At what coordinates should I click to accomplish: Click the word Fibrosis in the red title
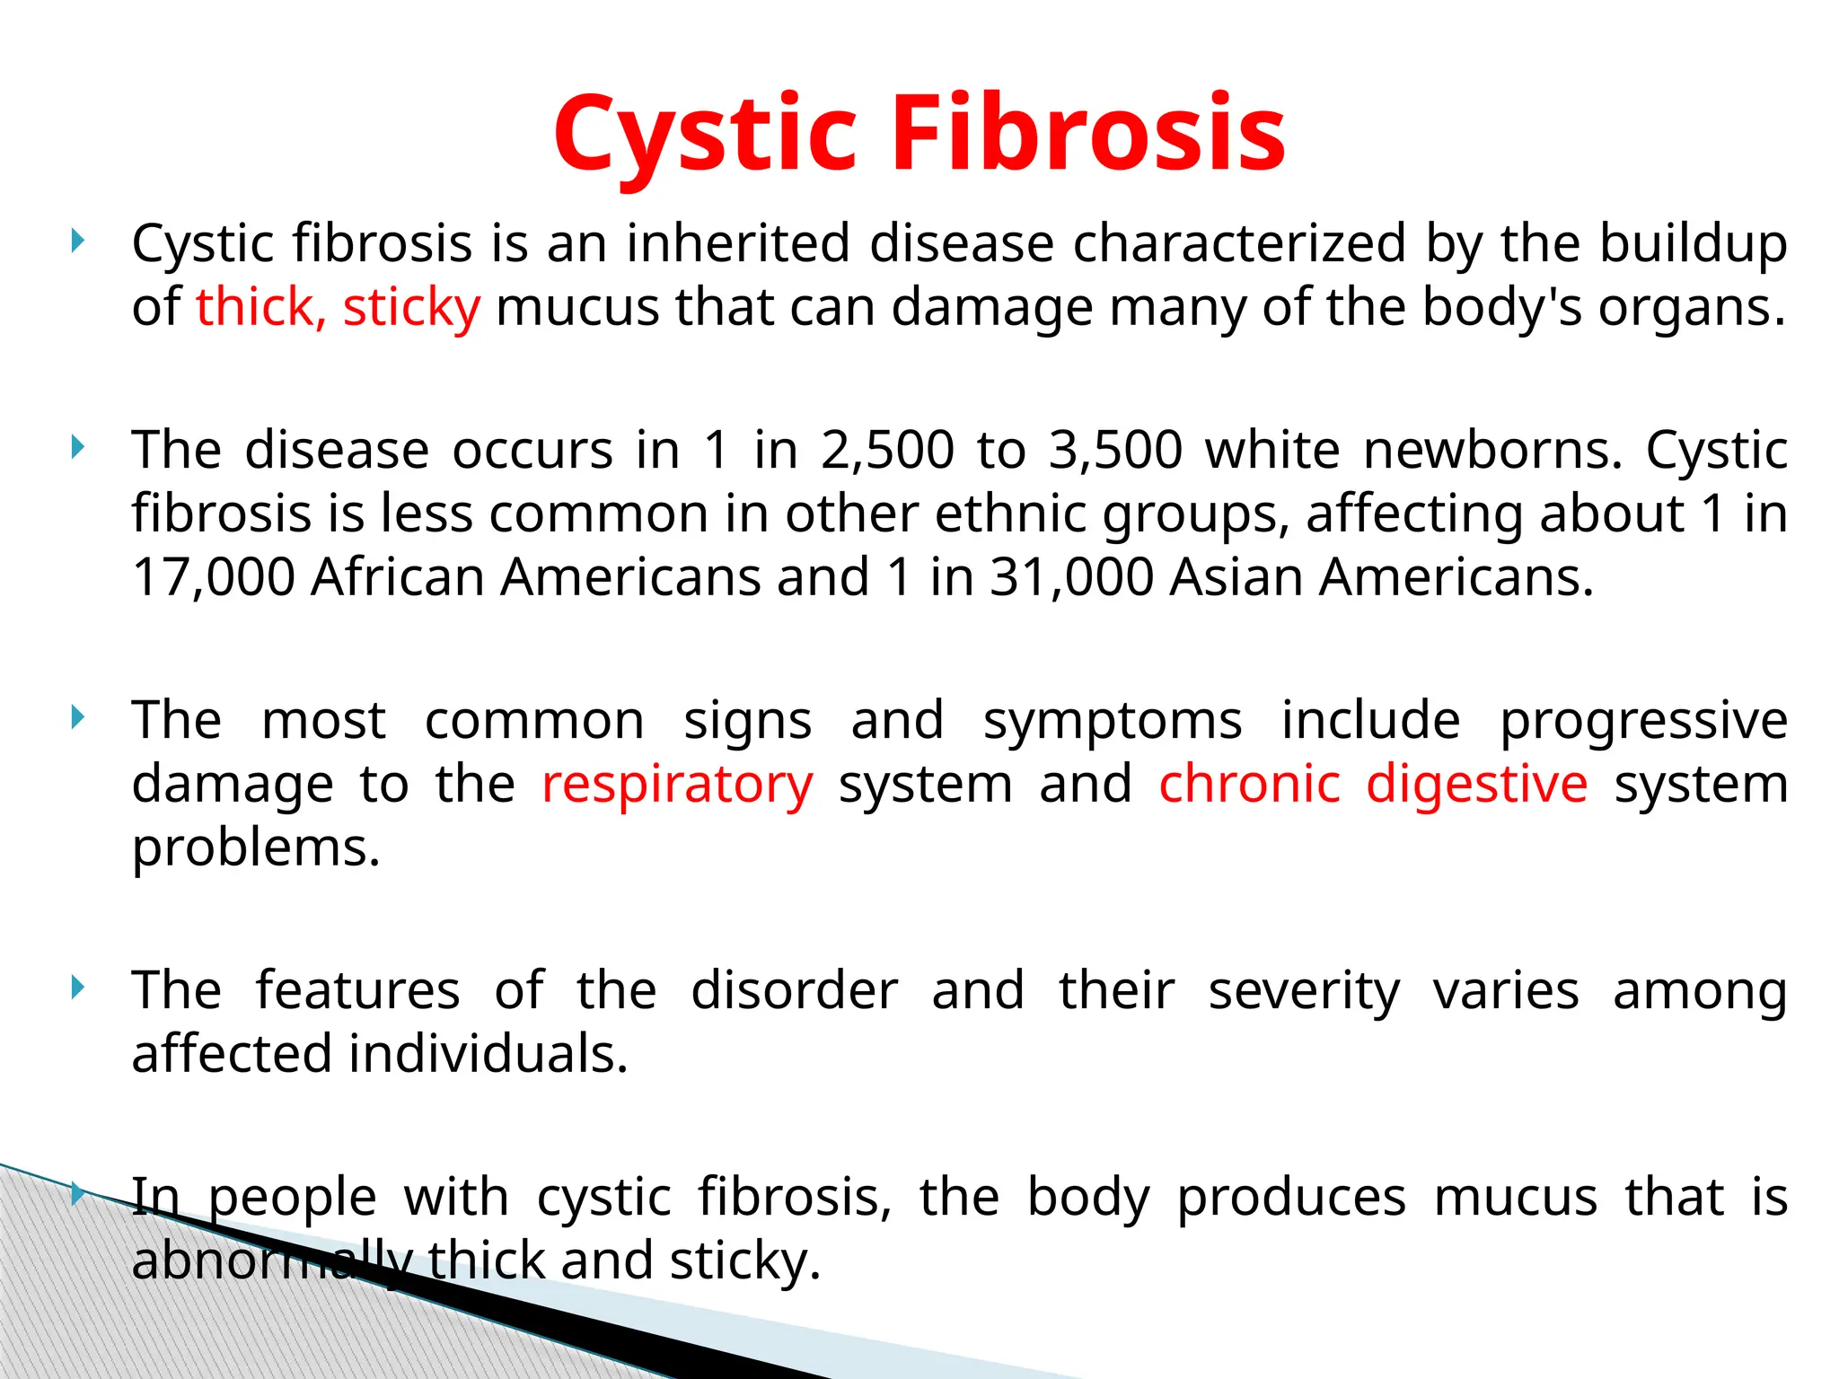(x=1088, y=134)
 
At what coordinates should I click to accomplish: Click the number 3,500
(x=1115, y=450)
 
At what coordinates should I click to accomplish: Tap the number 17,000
(x=214, y=577)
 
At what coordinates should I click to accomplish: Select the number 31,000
(x=1071, y=577)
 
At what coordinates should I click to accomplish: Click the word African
(x=397, y=577)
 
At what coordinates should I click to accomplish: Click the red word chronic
(x=1249, y=784)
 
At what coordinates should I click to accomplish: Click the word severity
(x=1304, y=991)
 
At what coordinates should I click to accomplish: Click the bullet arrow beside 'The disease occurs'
(x=78, y=446)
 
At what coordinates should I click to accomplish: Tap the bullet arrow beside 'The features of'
(x=78, y=988)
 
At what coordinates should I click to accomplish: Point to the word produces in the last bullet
(x=1291, y=1199)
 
